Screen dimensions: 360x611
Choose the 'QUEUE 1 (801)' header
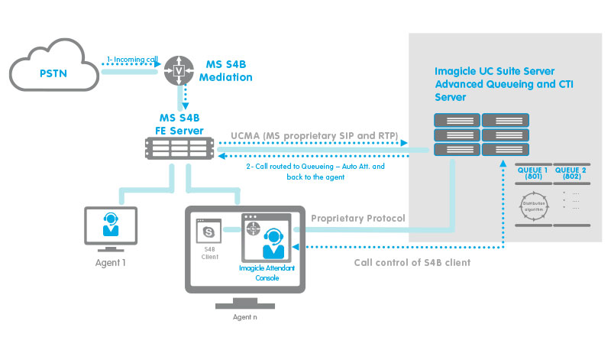click(x=533, y=173)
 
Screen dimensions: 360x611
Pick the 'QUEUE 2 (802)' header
click(x=574, y=173)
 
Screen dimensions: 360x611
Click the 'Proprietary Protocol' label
click(x=358, y=219)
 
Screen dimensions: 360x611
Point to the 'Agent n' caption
click(x=242, y=317)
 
